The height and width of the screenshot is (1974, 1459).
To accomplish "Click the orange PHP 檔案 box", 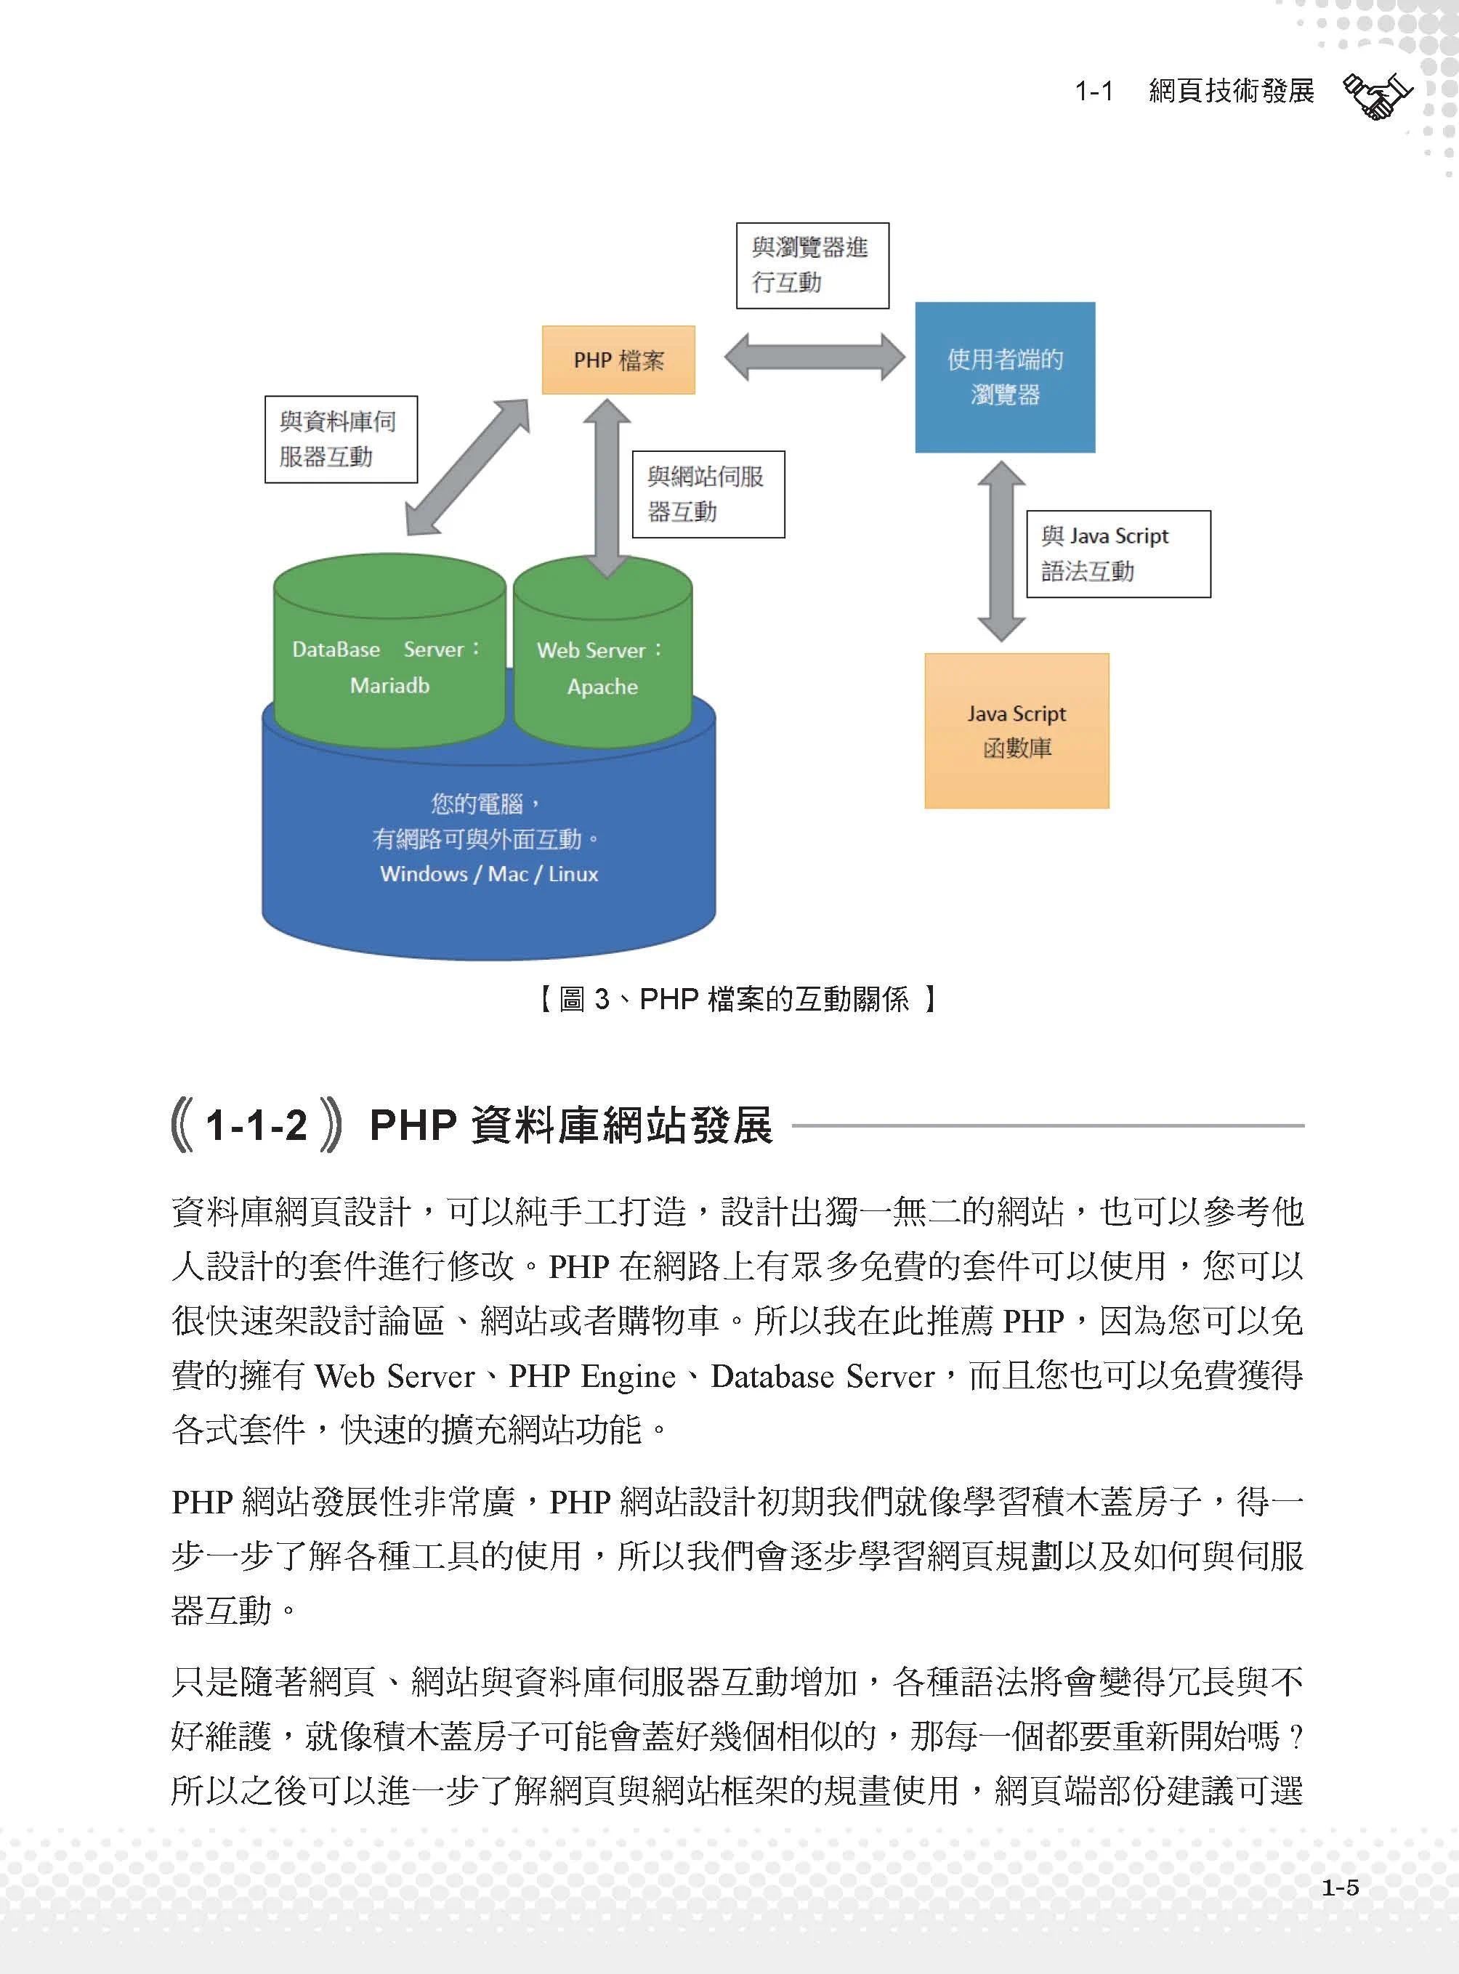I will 618,360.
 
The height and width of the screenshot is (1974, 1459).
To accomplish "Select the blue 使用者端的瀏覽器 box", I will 1004,377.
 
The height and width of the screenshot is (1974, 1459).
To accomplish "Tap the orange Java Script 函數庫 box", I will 1016,730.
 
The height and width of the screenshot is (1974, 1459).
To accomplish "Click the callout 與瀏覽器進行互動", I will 812,265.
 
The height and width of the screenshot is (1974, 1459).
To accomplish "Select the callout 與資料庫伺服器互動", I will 340,439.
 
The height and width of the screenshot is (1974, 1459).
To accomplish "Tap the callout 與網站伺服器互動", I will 708,494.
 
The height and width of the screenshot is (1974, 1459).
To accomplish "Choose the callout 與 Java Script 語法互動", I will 1118,554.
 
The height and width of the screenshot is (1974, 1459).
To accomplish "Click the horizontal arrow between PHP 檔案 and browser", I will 813,357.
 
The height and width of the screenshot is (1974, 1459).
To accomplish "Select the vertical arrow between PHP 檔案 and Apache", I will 607,487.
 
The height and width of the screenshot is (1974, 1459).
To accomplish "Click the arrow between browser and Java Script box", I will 1001,550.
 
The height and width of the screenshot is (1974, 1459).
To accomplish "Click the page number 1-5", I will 1339,1888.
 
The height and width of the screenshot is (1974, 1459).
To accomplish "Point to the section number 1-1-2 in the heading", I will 255,1125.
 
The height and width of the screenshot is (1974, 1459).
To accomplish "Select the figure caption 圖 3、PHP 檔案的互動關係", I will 737,999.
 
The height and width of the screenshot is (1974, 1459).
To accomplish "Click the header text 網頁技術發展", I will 1230,91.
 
